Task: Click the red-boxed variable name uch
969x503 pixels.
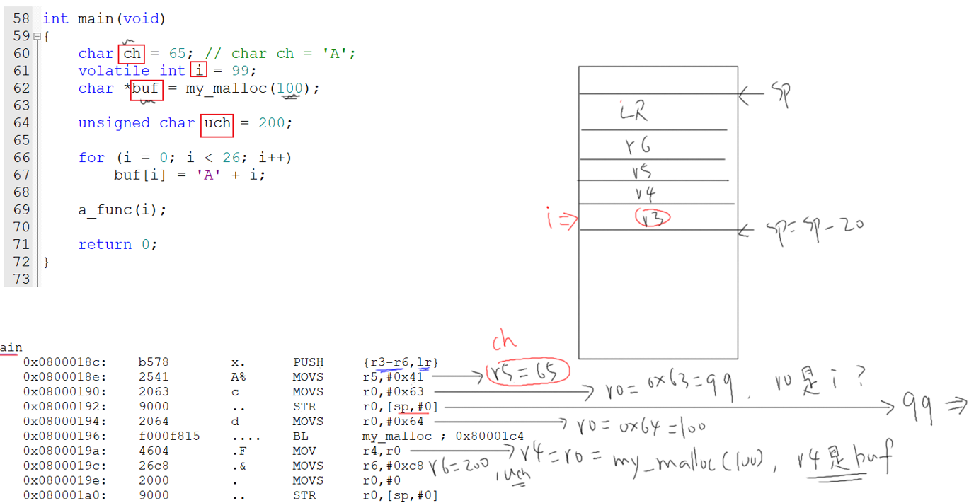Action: tap(217, 123)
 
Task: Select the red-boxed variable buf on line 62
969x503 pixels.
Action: tap(146, 88)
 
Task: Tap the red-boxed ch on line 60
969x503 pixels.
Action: tap(132, 54)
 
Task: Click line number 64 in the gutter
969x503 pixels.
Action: tap(21, 123)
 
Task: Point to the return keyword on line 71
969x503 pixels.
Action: tap(105, 245)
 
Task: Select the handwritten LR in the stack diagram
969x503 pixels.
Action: tap(633, 112)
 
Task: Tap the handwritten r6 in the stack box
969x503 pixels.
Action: tap(638, 145)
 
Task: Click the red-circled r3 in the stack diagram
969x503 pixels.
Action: tap(652, 218)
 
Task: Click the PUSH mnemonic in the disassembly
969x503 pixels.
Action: tap(308, 362)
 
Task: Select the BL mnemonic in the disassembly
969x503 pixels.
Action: tap(301, 436)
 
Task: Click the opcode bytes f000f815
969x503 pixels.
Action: tap(168, 436)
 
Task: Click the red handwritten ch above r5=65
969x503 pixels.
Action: tap(505, 342)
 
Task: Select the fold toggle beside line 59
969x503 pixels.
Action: tap(37, 36)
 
